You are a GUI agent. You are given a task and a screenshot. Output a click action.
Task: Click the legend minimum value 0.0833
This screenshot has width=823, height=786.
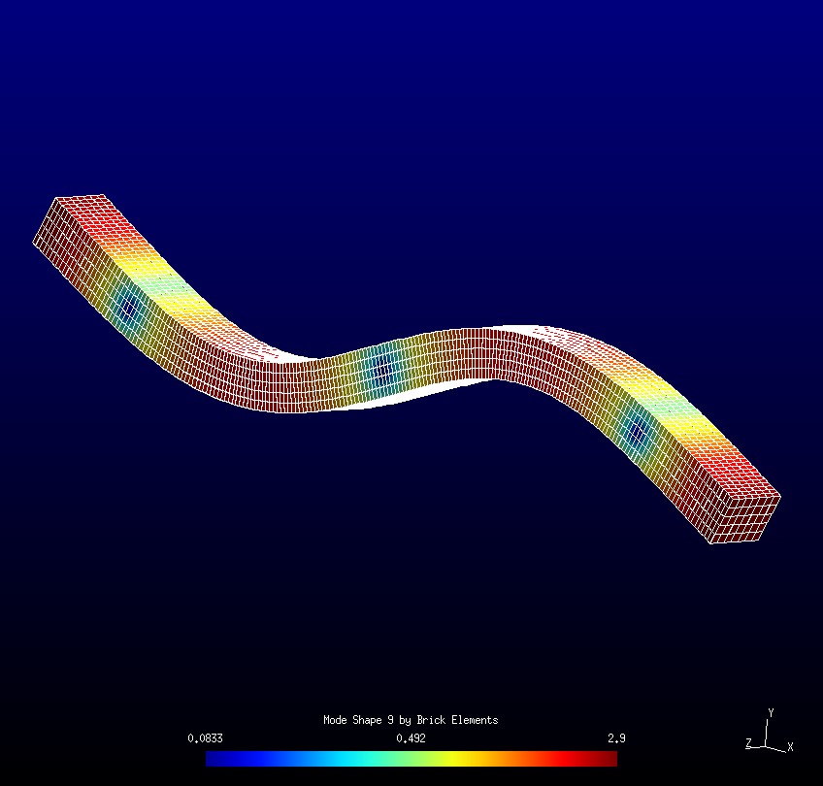pyautogui.click(x=205, y=738)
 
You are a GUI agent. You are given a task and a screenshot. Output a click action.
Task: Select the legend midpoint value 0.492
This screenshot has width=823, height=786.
pyautogui.click(x=411, y=738)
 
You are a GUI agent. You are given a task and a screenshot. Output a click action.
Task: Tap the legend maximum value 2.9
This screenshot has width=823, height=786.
pyautogui.click(x=616, y=738)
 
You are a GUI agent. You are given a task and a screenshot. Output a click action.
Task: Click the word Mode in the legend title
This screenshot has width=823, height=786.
pyautogui.click(x=335, y=720)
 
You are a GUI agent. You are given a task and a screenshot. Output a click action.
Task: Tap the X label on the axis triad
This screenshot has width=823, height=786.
pyautogui.click(x=790, y=746)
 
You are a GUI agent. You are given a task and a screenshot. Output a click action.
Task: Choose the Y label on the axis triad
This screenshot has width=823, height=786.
pyautogui.click(x=771, y=712)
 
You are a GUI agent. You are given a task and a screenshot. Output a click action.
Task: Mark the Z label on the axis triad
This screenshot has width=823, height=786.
pyautogui.click(x=748, y=743)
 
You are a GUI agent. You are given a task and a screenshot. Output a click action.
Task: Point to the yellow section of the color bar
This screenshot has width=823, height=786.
pyautogui.click(x=466, y=759)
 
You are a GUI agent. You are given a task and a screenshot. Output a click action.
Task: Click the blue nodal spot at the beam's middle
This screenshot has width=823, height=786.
pyautogui.click(x=382, y=368)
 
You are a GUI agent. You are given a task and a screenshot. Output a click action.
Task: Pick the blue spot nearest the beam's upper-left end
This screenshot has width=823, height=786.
pyautogui.click(x=128, y=308)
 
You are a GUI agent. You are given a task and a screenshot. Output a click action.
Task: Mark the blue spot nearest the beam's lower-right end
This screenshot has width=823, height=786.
pyautogui.click(x=638, y=433)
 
